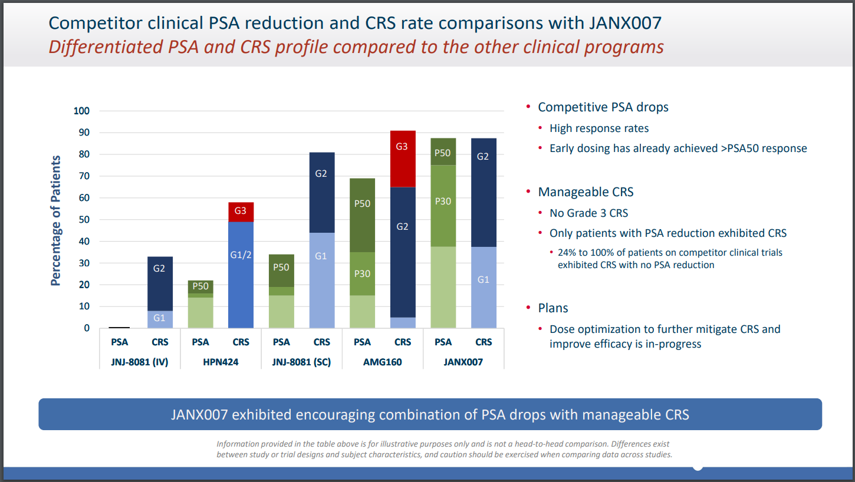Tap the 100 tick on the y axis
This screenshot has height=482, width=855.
point(81,111)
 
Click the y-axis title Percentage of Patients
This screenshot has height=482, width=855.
point(56,220)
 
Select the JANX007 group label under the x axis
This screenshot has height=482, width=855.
point(463,362)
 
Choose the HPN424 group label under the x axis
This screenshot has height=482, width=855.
point(221,362)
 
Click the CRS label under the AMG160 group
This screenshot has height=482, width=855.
point(402,342)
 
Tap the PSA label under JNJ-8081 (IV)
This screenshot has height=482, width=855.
point(120,342)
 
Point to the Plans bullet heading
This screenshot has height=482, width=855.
point(553,308)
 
